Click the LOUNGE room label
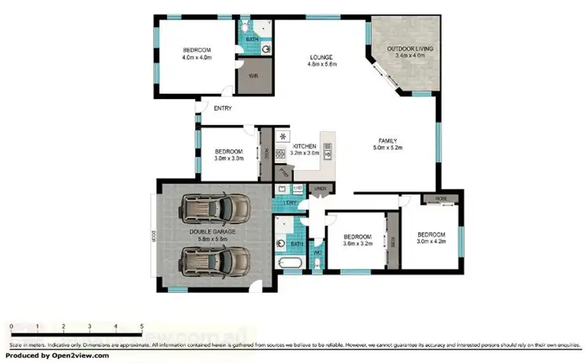tap(321, 57)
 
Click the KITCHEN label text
tap(304, 146)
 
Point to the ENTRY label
tap(223, 109)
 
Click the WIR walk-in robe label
tap(253, 76)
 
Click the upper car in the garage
tap(215, 208)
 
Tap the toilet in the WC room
tap(317, 265)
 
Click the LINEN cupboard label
tap(320, 189)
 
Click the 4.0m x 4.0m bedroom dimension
tap(196, 57)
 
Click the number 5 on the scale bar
tap(141, 326)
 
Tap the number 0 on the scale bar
tap(11, 326)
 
